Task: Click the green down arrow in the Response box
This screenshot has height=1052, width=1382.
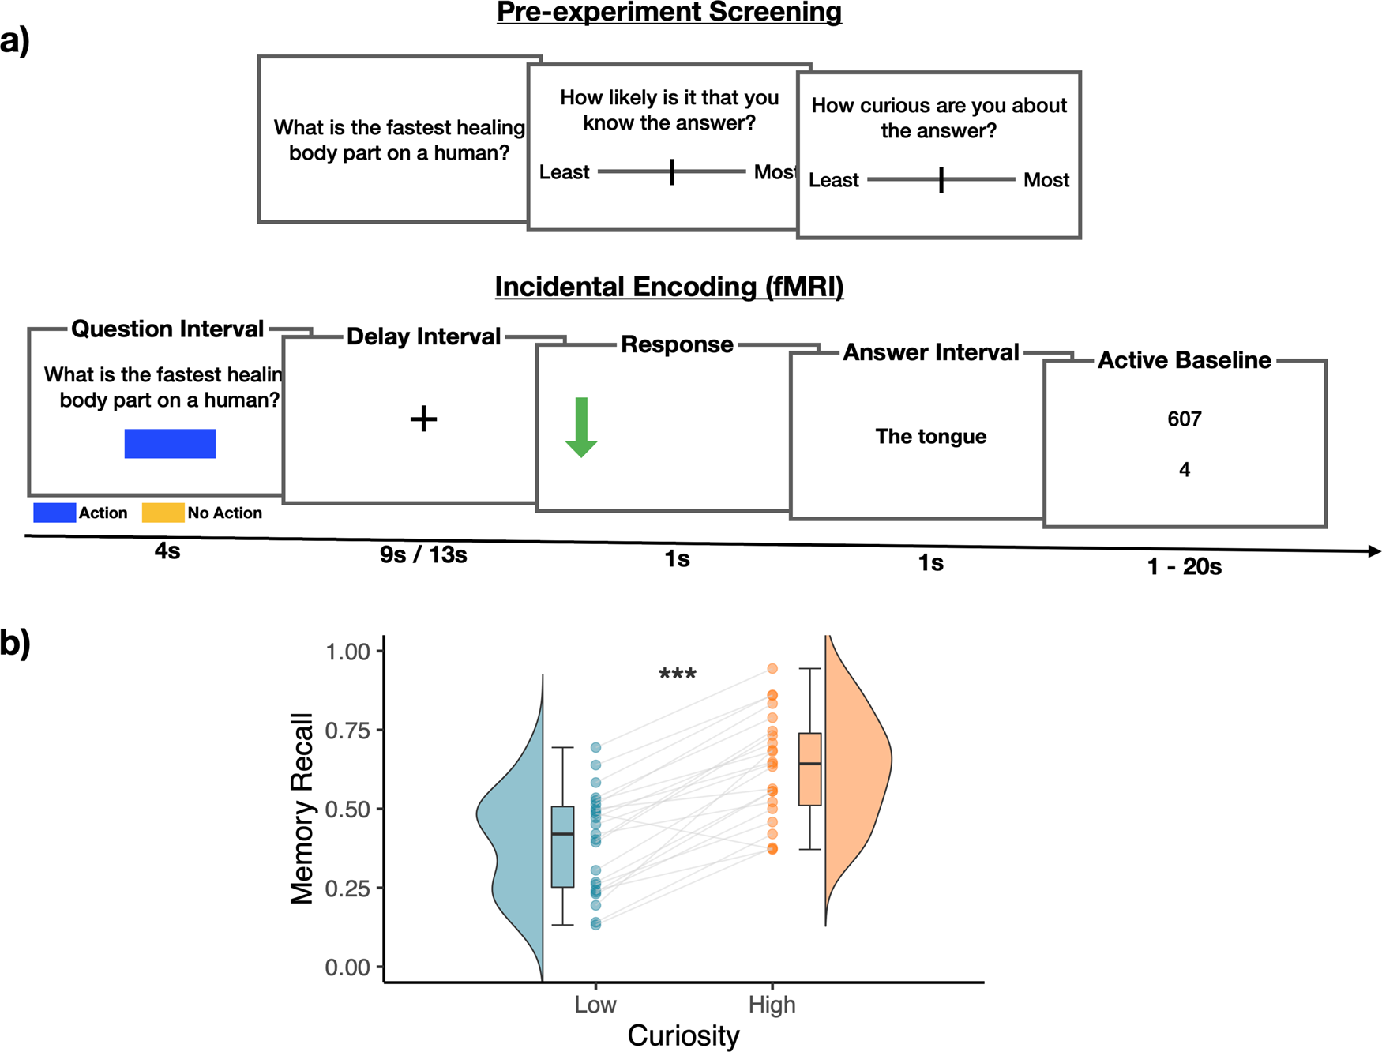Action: [581, 427]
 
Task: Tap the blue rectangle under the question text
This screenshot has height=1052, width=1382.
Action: [170, 444]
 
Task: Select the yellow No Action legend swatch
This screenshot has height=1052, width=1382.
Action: [163, 513]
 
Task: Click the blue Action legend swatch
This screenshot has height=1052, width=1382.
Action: [54, 513]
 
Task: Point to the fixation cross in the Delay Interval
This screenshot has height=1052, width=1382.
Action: [423, 419]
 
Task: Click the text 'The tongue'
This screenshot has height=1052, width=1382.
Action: [930, 437]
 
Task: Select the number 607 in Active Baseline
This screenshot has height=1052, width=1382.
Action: [1184, 419]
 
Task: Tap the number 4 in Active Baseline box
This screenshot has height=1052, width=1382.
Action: [1184, 470]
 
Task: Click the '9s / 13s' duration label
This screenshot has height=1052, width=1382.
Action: [423, 555]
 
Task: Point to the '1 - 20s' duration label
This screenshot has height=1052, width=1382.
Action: [1184, 566]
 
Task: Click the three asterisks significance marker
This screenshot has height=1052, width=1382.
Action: [678, 674]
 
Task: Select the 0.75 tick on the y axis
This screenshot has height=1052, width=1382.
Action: [347, 731]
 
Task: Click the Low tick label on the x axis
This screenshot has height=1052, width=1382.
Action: [595, 1005]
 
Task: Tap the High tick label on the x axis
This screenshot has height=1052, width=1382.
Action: [772, 1005]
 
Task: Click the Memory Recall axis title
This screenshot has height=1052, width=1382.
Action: [302, 808]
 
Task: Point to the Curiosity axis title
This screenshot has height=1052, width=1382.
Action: [683, 1035]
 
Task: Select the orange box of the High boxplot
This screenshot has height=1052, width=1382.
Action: [809, 769]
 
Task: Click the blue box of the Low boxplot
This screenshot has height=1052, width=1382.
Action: [562, 847]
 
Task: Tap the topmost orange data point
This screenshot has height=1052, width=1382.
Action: [772, 669]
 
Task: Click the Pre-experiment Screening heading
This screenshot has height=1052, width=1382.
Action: [669, 12]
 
